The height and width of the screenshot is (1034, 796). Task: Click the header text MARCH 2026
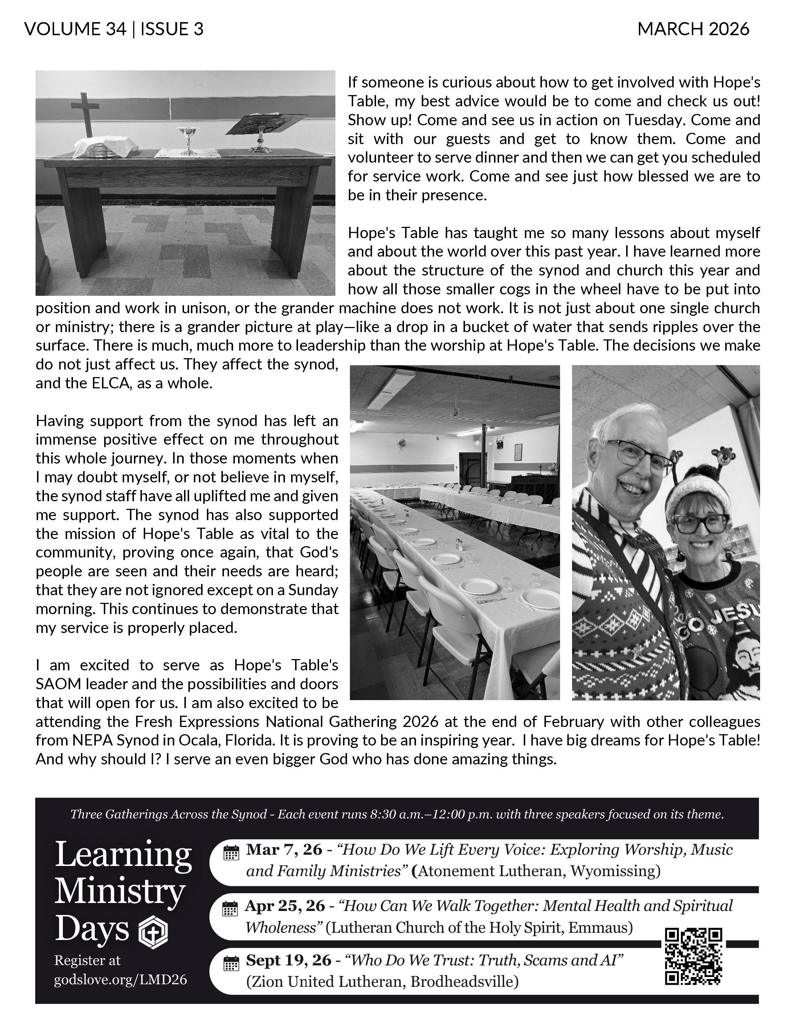tap(693, 29)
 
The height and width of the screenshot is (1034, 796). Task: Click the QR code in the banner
tap(693, 963)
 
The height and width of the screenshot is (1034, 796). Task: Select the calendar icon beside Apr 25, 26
tap(230, 909)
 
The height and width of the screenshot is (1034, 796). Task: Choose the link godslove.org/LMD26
tap(120, 980)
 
